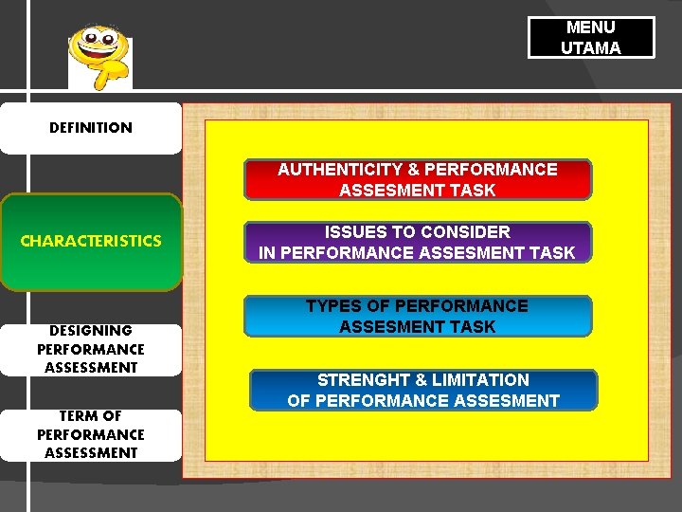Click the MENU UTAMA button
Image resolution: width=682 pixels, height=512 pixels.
coord(591,38)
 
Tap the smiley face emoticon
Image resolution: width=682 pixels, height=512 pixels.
coord(99,56)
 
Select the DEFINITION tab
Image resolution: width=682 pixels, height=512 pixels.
coord(90,128)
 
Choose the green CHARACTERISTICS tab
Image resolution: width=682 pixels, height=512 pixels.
coord(90,241)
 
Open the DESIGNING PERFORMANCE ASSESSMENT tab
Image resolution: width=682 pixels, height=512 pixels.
coord(90,349)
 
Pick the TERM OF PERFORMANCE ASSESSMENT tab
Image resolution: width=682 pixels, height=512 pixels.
coord(90,434)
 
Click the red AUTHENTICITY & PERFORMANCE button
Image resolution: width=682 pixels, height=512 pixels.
coord(418,179)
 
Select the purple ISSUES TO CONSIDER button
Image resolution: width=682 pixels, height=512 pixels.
coord(418,242)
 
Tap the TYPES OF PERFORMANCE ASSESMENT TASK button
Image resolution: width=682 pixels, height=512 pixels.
coord(418,316)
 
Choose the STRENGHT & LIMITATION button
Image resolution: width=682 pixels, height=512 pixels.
coord(423,390)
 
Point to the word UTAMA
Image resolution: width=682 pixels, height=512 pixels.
coord(591,48)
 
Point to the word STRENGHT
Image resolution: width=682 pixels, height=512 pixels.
coord(361,380)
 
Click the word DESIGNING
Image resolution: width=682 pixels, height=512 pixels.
coord(91,331)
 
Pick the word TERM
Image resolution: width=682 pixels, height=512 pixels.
coord(79,416)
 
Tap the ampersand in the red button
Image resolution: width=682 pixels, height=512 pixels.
coord(413,170)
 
